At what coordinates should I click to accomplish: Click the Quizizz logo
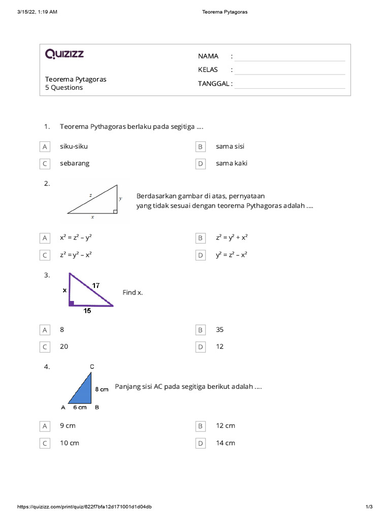(x=64, y=54)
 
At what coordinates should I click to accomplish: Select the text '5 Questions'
(x=64, y=88)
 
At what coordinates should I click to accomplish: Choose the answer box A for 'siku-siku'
(x=45, y=146)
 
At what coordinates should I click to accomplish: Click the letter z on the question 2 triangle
(x=90, y=195)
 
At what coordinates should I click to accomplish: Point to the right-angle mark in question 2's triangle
(x=115, y=211)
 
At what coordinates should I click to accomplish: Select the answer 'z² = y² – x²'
(x=76, y=255)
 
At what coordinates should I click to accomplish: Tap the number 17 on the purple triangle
(x=96, y=286)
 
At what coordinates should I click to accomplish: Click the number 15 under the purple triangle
(x=87, y=311)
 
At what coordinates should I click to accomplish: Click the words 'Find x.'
(x=133, y=292)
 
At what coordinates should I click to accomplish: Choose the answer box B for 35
(x=201, y=330)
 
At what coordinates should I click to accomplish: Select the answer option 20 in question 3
(x=64, y=347)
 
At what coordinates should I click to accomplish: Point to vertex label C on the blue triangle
(x=91, y=366)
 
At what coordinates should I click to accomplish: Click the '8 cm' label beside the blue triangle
(x=102, y=389)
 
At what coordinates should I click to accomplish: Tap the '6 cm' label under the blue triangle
(x=79, y=407)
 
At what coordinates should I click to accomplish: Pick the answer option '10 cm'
(x=70, y=443)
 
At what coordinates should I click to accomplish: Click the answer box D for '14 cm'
(x=201, y=443)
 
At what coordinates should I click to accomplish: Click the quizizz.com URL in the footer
(x=84, y=507)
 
